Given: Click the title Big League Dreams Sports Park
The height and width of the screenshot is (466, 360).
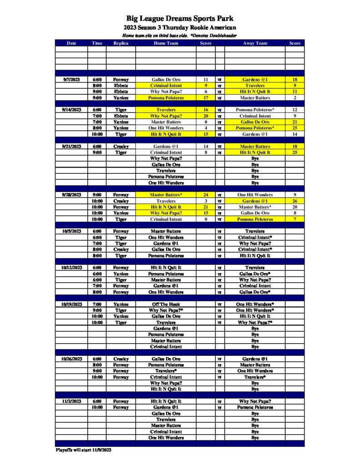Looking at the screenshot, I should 180,19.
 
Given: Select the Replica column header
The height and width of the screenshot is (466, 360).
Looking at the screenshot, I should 121,43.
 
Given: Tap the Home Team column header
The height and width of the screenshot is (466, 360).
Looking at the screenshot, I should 166,43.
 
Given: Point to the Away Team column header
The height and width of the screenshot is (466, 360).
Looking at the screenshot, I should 255,43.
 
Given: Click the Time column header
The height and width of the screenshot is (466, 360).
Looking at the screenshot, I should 97,43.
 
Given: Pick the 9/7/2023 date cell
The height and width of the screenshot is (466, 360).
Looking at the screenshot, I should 71,80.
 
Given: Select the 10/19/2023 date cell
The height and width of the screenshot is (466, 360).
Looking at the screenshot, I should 71,304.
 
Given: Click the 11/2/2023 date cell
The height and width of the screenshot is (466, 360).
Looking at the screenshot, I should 71,401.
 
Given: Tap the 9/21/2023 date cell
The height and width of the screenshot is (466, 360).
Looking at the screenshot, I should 71,147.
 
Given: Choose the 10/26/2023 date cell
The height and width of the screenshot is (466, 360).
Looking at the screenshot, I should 71,359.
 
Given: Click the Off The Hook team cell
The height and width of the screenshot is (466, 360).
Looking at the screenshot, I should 166,304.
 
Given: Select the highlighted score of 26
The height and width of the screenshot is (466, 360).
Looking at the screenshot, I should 294,201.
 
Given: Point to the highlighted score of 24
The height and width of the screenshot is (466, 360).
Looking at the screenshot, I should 206,195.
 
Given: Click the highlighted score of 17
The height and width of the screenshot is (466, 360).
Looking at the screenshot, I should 206,98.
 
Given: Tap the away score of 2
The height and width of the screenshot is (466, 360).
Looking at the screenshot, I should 294,98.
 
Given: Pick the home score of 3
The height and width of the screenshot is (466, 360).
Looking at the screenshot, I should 206,201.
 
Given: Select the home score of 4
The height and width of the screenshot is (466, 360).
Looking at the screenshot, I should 206,128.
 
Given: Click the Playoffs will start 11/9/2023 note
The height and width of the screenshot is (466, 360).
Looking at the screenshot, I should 83,450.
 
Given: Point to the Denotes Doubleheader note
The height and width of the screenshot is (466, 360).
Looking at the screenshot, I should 210,35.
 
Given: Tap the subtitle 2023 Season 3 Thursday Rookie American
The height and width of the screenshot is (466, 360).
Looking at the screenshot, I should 180,28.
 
